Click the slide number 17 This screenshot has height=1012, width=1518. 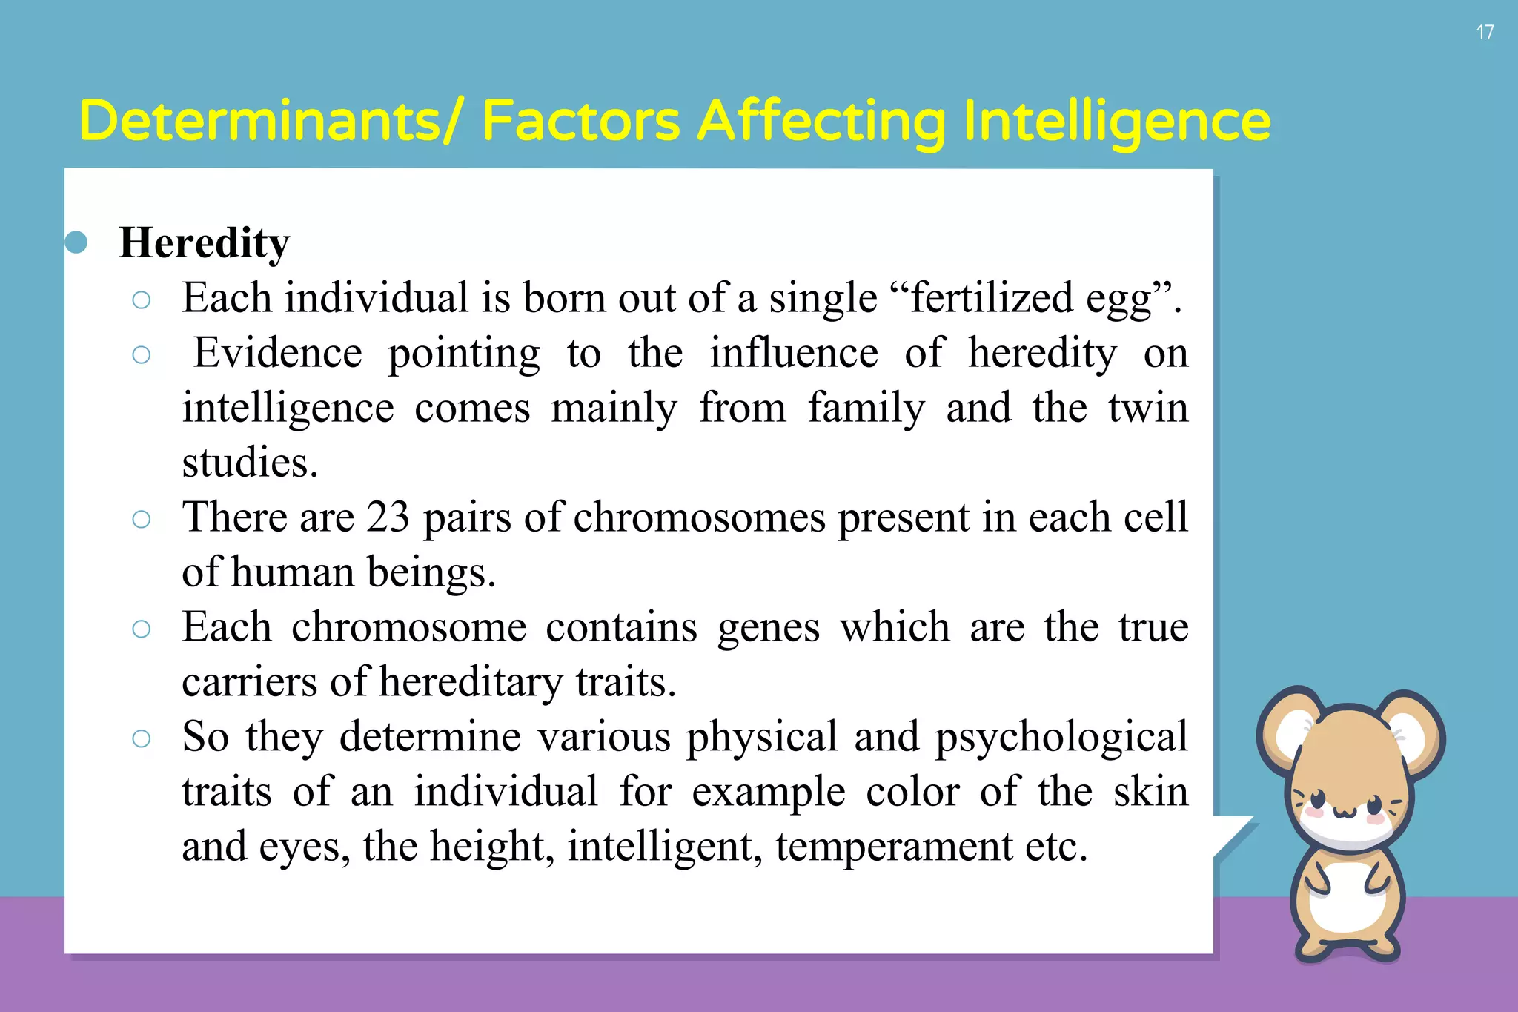(1485, 33)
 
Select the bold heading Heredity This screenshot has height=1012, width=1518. (205, 243)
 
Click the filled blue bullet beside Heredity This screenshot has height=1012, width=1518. (76, 242)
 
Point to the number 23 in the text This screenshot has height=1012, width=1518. (388, 517)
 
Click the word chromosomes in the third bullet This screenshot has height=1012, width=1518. (699, 517)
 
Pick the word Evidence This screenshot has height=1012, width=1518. (278, 353)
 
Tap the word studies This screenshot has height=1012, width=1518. (250, 463)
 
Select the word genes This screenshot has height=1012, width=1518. (769, 627)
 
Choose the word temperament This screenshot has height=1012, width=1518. (894, 847)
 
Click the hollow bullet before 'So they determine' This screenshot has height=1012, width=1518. (141, 738)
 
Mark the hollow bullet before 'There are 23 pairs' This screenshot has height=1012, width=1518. (141, 519)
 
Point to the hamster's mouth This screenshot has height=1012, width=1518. (1345, 814)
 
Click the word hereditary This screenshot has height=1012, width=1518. (471, 682)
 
